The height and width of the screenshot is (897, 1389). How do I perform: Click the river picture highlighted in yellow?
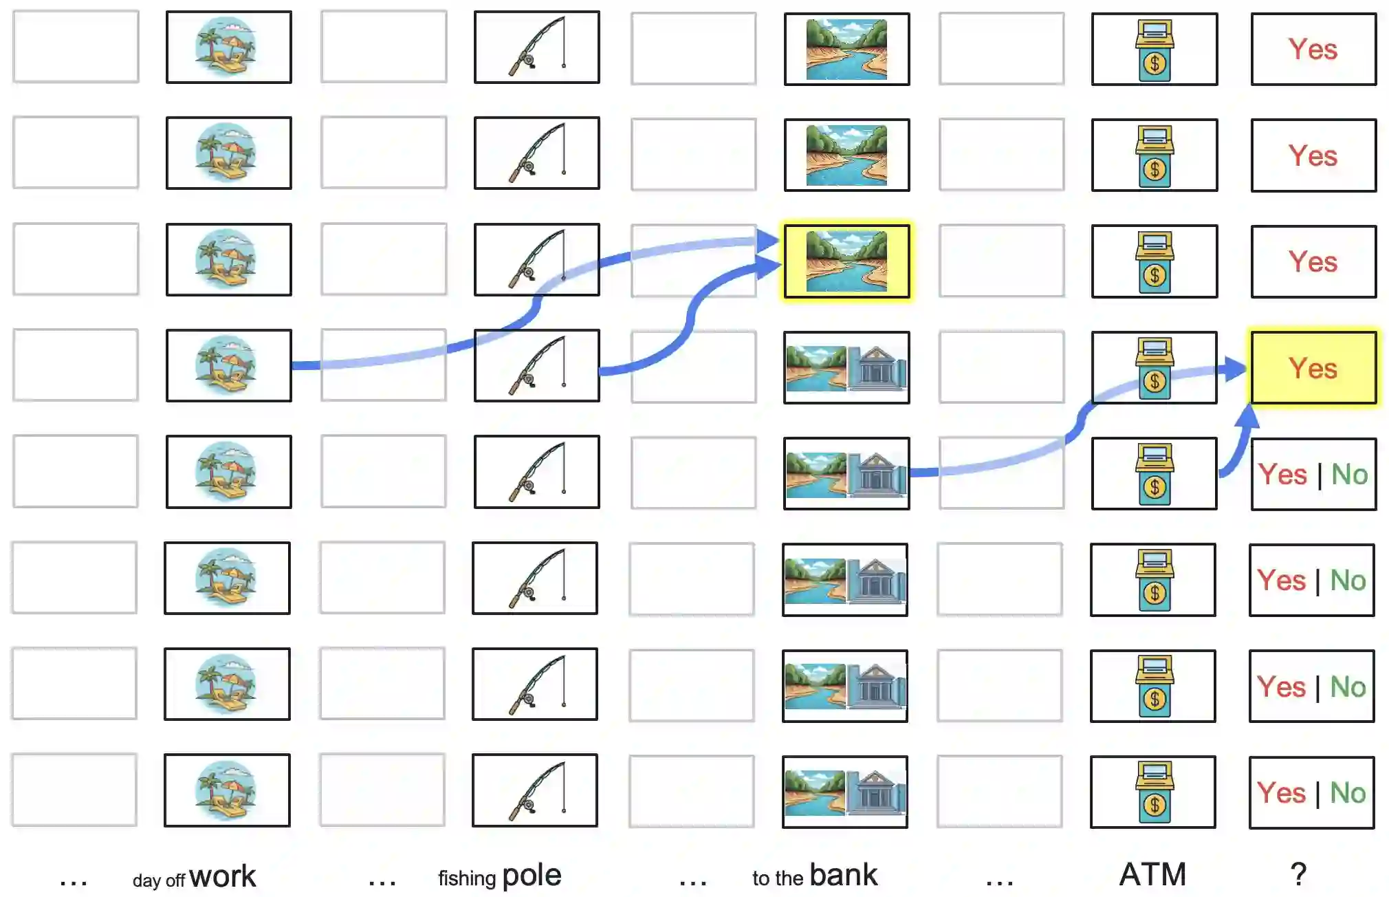846,261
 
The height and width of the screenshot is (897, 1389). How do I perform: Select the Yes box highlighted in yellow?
1313,367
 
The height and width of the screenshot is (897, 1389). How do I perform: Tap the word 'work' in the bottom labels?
222,876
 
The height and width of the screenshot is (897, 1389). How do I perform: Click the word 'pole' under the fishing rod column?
532,876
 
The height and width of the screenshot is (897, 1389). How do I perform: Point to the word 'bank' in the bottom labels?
843,875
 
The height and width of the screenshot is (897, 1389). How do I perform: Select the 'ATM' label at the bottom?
1153,874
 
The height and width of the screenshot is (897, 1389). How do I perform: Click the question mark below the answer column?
1298,874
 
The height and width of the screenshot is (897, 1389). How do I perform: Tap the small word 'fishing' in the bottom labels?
467,878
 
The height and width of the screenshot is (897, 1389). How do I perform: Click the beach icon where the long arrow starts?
226,365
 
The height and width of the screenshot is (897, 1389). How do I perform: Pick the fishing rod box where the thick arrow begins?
536,365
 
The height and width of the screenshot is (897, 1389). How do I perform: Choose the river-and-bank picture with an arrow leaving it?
846,473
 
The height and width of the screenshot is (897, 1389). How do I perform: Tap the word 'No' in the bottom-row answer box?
1348,793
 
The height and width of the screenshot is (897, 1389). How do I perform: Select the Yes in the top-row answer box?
1313,50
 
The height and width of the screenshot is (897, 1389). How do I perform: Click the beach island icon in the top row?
226,47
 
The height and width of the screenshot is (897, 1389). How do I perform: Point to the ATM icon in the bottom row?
1155,792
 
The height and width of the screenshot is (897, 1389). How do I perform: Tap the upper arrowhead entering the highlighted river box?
767,241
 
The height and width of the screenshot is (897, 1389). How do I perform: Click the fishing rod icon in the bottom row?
536,791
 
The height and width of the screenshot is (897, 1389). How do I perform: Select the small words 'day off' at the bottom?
159,880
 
